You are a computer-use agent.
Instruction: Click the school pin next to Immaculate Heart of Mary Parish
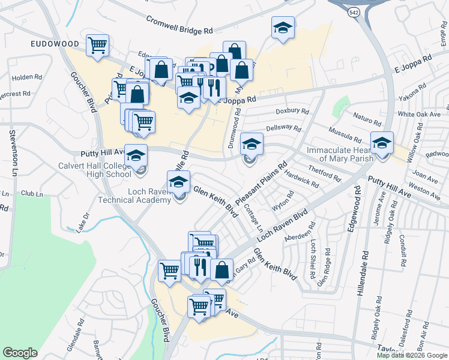[382, 144]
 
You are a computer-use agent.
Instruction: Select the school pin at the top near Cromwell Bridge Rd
[283, 28]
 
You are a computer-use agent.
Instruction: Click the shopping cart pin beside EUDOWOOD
[97, 44]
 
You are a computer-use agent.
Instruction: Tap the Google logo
[20, 353]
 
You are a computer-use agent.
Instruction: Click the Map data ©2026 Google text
[411, 355]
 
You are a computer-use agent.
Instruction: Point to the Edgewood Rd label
[358, 204]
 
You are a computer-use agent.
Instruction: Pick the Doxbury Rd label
[292, 111]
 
